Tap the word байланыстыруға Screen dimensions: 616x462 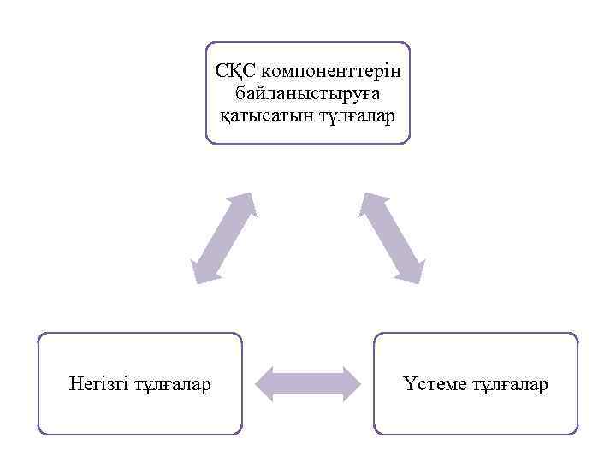[x=307, y=90]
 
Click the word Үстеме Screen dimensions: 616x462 [x=434, y=384]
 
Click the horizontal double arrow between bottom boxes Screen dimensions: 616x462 [x=308, y=382]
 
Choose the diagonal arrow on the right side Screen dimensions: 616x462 [x=392, y=237]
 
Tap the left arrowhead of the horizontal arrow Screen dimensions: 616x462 [x=268, y=382]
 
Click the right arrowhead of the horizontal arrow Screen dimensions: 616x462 [x=348, y=382]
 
